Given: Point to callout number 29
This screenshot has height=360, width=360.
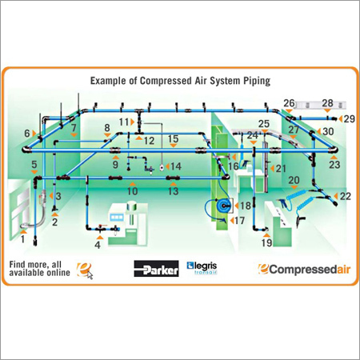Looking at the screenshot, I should click(349, 118).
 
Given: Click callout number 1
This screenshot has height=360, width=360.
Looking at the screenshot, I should click(23, 238).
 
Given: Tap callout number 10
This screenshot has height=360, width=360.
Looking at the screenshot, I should click(133, 190).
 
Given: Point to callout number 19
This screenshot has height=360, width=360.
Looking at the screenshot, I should click(266, 242).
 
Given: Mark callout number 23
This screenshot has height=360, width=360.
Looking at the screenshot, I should click(334, 164).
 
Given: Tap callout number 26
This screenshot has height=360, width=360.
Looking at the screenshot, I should click(290, 103).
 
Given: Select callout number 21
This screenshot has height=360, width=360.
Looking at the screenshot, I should click(280, 169).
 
